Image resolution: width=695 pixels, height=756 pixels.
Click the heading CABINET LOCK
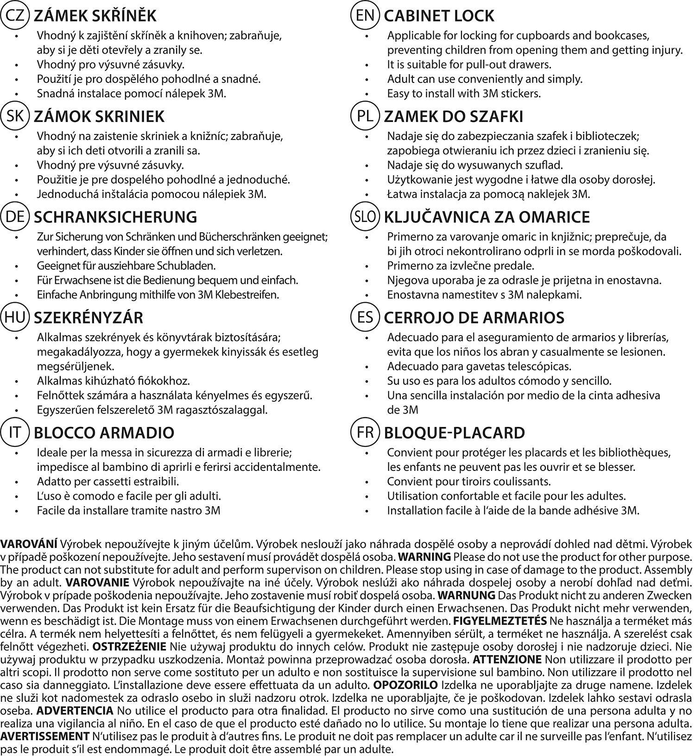point(439,16)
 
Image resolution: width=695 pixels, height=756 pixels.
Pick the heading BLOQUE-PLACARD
point(455,433)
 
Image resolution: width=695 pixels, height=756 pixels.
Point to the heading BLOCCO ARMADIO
point(104,433)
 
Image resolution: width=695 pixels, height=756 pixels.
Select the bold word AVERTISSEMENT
point(45,737)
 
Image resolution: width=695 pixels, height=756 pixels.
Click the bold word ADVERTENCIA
point(75,711)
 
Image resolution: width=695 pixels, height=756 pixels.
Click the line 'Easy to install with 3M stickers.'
point(464,93)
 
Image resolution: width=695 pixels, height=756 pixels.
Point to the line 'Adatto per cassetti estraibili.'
point(108,482)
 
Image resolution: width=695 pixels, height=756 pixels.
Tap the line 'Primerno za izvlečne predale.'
point(461,266)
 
